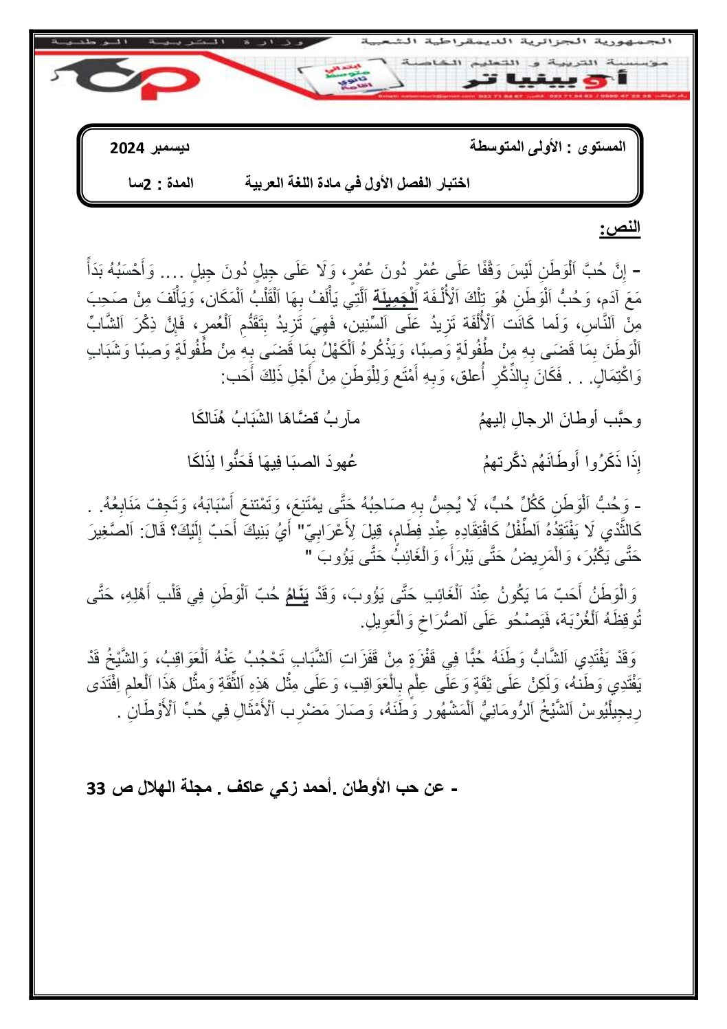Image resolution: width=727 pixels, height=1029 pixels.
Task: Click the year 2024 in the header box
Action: click(127, 148)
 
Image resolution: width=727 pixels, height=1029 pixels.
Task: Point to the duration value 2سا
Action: click(142, 184)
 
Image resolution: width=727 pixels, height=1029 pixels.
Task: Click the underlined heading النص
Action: click(620, 229)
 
